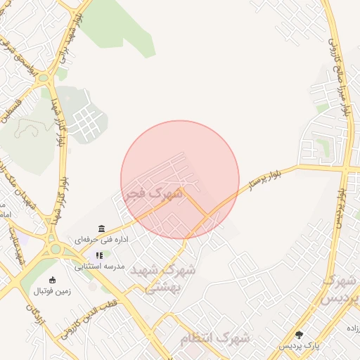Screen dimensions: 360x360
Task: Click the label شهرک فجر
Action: point(153,191)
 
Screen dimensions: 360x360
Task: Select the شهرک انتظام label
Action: point(214,338)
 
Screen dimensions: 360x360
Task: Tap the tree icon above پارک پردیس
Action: point(300,335)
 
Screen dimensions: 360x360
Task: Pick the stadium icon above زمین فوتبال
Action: point(53,279)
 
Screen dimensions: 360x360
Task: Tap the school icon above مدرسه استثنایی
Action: point(100,256)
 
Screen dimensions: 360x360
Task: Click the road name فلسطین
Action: point(13,112)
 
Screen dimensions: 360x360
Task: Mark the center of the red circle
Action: point(180,180)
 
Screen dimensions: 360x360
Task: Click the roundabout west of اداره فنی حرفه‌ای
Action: point(55,247)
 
